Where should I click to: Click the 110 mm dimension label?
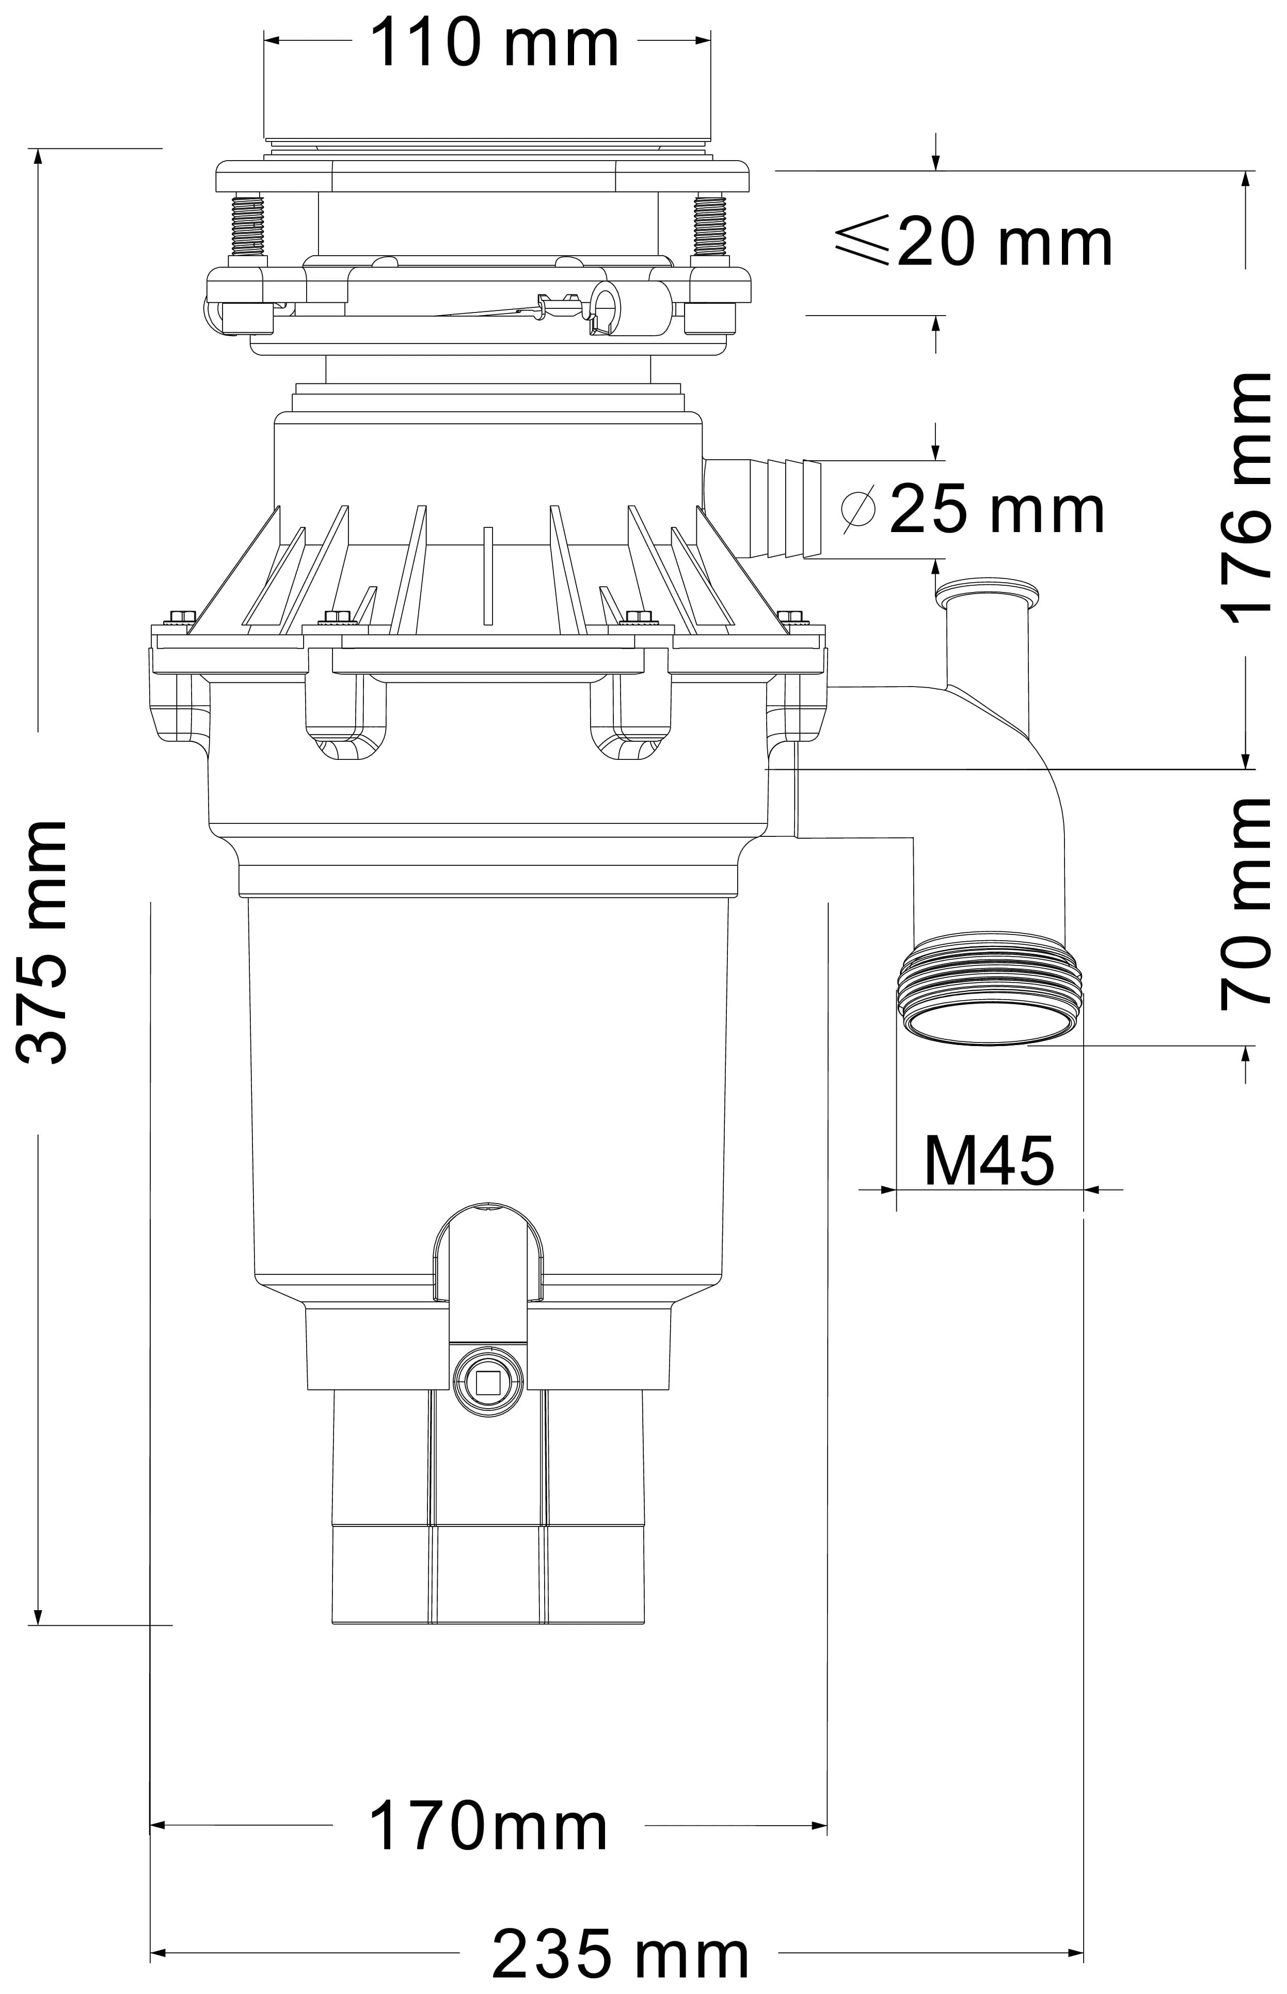pyautogui.click(x=494, y=43)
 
